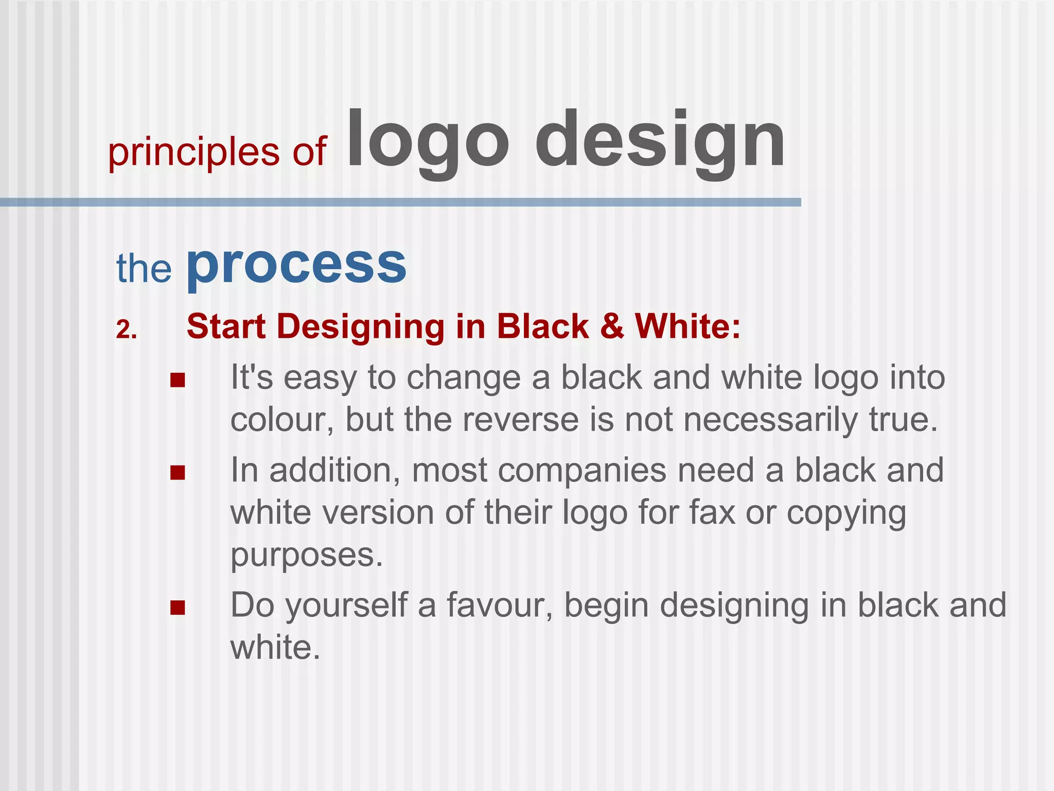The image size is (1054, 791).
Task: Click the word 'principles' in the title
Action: pos(194,152)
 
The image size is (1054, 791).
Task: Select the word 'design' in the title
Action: pos(660,141)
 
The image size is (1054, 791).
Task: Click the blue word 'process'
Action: pos(296,266)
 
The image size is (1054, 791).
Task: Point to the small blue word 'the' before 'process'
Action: pos(144,269)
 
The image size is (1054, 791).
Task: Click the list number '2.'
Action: pos(126,330)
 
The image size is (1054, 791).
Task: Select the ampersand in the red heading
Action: pos(611,327)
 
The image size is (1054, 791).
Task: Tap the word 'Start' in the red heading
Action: pos(226,327)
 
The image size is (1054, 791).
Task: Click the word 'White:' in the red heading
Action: pos(688,327)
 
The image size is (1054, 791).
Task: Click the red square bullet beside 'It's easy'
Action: pos(178,381)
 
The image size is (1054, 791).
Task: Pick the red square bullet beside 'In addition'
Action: pos(178,473)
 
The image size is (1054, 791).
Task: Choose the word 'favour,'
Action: pos(499,605)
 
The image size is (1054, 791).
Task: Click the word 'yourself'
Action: pos(346,606)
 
